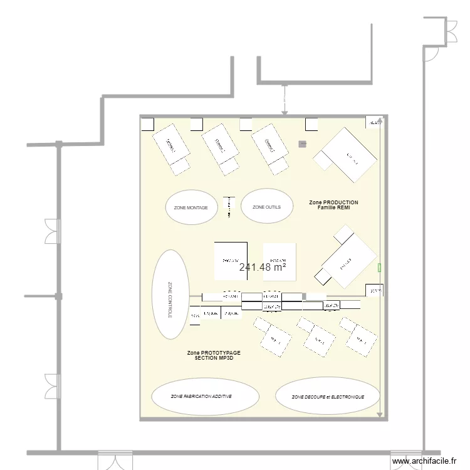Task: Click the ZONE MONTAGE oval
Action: tap(191, 207)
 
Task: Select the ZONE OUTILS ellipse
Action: tap(267, 207)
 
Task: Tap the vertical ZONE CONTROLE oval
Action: tap(170, 295)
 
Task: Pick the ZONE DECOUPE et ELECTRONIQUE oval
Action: tap(328, 397)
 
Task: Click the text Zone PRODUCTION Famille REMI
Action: tap(334, 205)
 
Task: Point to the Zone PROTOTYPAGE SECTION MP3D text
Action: tap(213, 355)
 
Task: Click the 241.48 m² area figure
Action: tap(263, 267)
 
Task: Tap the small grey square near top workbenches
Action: tap(303, 144)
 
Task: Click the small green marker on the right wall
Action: tap(379, 268)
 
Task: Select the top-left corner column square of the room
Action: tap(148, 123)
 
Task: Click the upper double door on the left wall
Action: tap(51, 231)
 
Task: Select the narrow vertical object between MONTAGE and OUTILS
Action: tap(228, 207)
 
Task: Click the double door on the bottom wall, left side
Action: tap(115, 459)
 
